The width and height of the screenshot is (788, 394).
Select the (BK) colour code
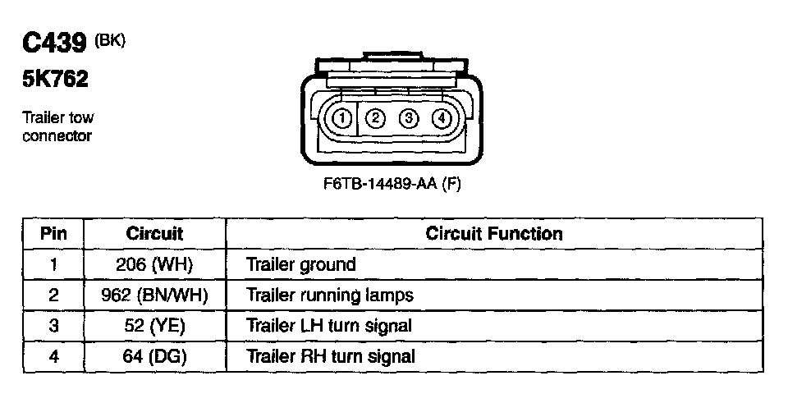111,40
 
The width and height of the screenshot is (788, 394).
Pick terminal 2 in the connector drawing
375,118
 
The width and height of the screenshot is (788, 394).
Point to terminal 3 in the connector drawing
408,118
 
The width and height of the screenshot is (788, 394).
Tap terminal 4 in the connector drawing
441,118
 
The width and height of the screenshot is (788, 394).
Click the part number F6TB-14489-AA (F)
392,184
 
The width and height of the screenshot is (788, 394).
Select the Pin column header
54,234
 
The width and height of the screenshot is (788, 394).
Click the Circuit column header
154,234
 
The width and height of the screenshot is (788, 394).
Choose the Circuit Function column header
494,234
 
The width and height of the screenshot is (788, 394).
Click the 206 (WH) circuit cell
154,264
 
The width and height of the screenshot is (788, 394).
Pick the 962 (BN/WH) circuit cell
154,295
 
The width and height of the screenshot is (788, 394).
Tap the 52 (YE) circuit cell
154,326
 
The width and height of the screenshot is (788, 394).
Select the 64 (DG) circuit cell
154,356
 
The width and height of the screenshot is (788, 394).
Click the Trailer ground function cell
301,264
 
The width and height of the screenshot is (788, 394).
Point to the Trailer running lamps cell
330,295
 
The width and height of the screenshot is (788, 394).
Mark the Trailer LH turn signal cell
329,326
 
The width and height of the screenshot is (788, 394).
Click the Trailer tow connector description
57,127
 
